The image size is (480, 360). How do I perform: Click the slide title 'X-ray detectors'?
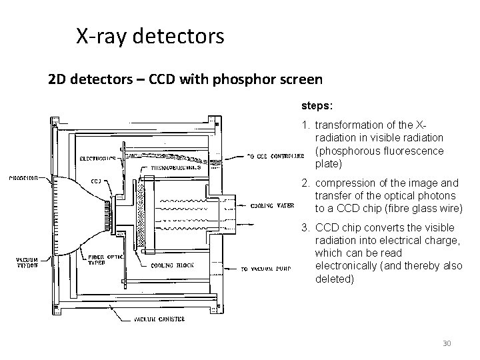pos(150,36)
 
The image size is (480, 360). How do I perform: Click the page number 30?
pos(447,343)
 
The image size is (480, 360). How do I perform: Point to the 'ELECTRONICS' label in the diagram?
pos(97,159)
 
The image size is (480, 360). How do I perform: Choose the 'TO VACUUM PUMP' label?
pos(266,269)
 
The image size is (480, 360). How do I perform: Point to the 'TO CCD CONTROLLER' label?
pos(270,157)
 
